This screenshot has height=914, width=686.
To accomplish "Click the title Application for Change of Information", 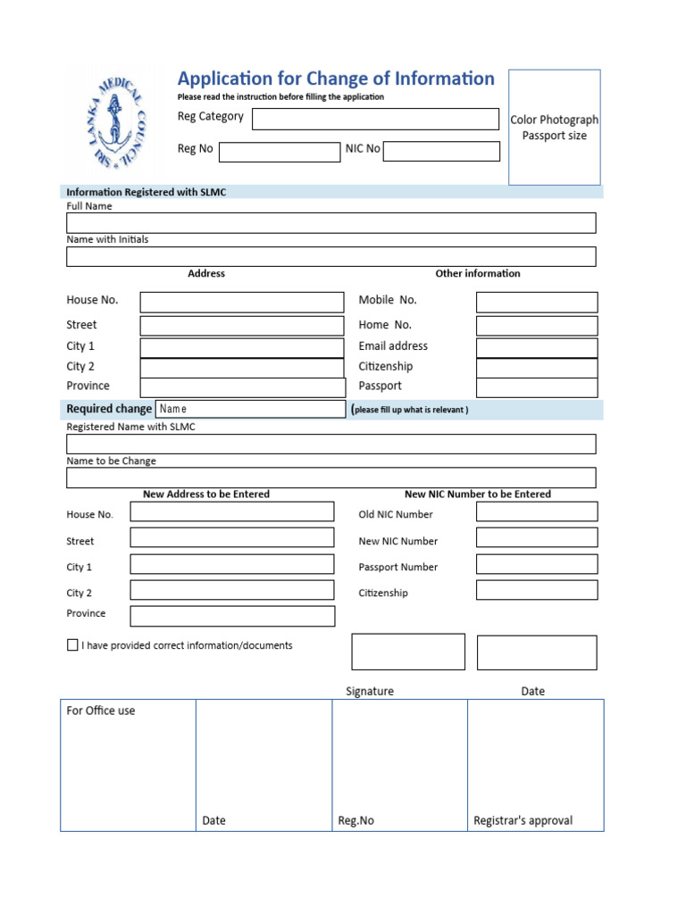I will pyautogui.click(x=336, y=79).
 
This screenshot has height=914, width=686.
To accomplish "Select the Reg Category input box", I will pyautogui.click(x=375, y=119).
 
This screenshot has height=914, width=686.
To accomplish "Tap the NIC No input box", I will pyautogui.click(x=441, y=151).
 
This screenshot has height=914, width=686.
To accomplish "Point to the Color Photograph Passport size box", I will pyautogui.click(x=554, y=128).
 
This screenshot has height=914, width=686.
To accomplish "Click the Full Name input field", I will pyautogui.click(x=330, y=222).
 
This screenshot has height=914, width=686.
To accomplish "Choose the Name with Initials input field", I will pyautogui.click(x=330, y=256).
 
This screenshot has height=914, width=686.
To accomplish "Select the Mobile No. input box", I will pyautogui.click(x=536, y=302).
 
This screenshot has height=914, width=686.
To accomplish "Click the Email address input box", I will pyautogui.click(x=536, y=347).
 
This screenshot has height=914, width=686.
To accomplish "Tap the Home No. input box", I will pyautogui.click(x=536, y=326).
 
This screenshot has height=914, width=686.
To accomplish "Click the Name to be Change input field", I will pyautogui.click(x=330, y=478).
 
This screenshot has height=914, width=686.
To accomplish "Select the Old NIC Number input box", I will pyautogui.click(x=536, y=511).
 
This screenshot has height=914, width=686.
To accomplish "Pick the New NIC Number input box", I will pyautogui.click(x=536, y=537).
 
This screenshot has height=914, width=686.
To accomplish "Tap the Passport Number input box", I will pyautogui.click(x=536, y=564).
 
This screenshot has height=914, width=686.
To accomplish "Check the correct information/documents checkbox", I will pyautogui.click(x=72, y=645).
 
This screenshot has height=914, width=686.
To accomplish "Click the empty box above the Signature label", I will pyautogui.click(x=408, y=652).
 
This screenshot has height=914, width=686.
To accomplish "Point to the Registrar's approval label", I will pyautogui.click(x=523, y=820).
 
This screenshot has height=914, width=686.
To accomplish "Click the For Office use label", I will pyautogui.click(x=101, y=710).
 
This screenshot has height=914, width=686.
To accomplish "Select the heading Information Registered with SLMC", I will pyautogui.click(x=146, y=192).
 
